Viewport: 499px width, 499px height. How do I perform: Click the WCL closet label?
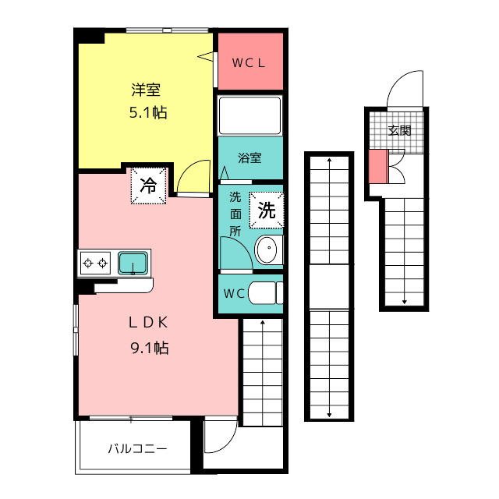click(x=249, y=63)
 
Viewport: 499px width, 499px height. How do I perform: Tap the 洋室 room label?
click(x=146, y=90)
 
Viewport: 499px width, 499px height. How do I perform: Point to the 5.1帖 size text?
click(x=148, y=112)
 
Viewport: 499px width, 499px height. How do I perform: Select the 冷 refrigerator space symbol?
click(x=149, y=186)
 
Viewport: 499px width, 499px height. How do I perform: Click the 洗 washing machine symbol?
click(x=267, y=210)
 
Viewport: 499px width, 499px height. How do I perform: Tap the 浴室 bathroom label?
click(x=249, y=157)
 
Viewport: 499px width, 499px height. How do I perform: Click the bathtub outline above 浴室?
click(x=249, y=115)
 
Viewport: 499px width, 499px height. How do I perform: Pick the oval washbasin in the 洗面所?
click(x=267, y=249)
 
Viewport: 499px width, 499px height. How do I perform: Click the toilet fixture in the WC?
click(x=265, y=293)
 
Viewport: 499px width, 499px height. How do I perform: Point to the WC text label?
click(x=234, y=293)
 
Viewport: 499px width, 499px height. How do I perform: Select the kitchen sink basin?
click(x=133, y=263)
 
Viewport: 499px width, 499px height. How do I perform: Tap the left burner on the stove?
click(x=88, y=264)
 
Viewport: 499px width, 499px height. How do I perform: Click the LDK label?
click(x=148, y=323)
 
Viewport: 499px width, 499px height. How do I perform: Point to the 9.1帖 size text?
click(x=149, y=348)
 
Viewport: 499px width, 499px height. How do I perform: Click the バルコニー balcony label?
click(x=137, y=449)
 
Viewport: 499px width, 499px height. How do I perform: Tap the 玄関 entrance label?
click(x=400, y=130)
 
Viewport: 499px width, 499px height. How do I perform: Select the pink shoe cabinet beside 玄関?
click(x=378, y=166)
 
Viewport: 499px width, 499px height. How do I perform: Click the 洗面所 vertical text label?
click(x=235, y=214)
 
